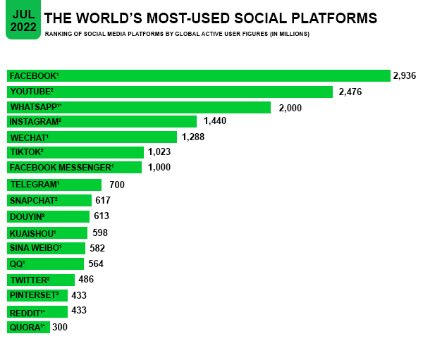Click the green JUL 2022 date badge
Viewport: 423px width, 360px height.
point(23,20)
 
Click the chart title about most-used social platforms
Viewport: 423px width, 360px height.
point(210,16)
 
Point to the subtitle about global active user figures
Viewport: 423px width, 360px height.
point(176,34)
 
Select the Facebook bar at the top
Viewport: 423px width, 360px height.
point(198,75)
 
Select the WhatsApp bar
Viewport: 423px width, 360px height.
point(139,107)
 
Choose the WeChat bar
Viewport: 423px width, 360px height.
point(92,137)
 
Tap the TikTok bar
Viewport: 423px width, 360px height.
point(75,152)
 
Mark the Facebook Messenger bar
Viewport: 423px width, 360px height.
point(74,167)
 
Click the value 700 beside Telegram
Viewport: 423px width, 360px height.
point(117,185)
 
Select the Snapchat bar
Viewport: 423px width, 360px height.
point(49,200)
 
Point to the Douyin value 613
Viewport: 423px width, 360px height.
point(102,216)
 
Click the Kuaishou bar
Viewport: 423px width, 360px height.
point(47,232)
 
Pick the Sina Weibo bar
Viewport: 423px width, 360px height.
point(46,248)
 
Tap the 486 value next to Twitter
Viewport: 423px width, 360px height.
point(86,280)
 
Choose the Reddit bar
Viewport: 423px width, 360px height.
point(37,311)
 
